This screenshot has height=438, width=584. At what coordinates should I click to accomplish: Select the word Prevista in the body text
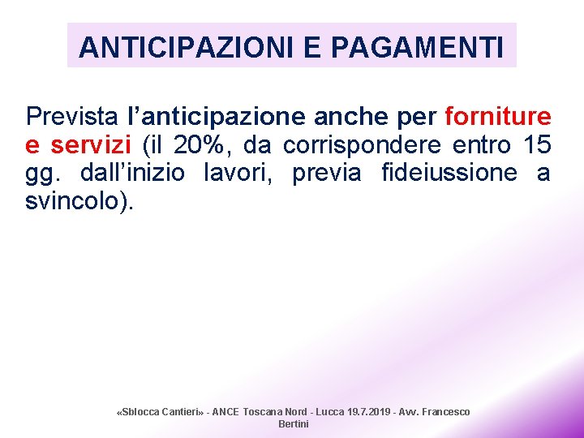click(x=71, y=116)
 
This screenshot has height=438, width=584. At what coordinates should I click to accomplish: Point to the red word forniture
click(x=498, y=116)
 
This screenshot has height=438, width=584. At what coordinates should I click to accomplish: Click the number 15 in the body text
click(x=537, y=145)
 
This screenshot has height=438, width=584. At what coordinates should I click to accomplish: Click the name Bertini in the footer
click(x=294, y=424)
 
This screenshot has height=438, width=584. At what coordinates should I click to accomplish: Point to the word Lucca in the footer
click(x=328, y=412)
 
